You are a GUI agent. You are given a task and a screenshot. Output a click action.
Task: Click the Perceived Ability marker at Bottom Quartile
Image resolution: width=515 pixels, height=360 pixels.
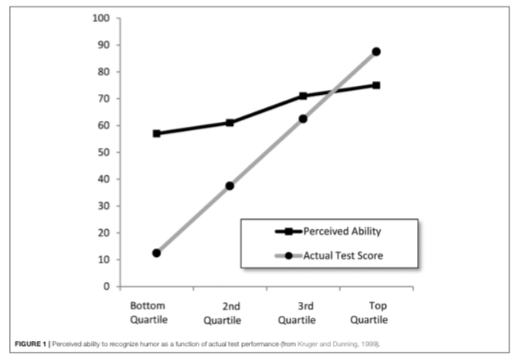pyautogui.click(x=156, y=133)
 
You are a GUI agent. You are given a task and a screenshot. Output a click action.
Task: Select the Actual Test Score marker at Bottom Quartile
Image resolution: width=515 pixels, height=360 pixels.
pyautogui.click(x=156, y=253)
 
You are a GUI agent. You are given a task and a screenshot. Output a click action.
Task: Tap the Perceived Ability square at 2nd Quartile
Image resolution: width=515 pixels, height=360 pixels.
pyautogui.click(x=230, y=123)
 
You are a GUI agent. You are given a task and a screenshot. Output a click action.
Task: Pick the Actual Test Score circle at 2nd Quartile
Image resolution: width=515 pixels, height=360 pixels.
pyautogui.click(x=230, y=186)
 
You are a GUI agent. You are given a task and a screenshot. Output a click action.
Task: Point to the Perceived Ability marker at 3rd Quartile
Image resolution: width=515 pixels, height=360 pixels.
pyautogui.click(x=303, y=96)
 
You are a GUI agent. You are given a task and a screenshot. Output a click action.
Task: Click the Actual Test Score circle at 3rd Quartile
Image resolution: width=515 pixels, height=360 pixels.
pyautogui.click(x=303, y=119)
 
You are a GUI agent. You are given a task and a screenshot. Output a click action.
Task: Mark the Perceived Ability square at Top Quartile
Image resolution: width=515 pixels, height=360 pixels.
pyautogui.click(x=376, y=85)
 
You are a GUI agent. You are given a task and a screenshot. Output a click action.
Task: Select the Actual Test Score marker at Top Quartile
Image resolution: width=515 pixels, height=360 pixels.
pyautogui.click(x=376, y=52)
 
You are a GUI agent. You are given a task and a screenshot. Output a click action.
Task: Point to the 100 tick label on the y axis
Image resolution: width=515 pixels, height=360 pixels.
pyautogui.click(x=102, y=18)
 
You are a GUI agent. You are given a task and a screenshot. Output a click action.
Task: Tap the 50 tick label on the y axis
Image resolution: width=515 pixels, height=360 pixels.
pyautogui.click(x=105, y=152)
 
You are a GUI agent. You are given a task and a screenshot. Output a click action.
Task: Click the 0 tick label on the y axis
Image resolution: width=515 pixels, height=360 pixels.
pyautogui.click(x=107, y=286)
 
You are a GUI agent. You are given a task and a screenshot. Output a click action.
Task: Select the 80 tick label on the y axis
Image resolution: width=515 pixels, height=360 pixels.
pyautogui.click(x=105, y=72)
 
